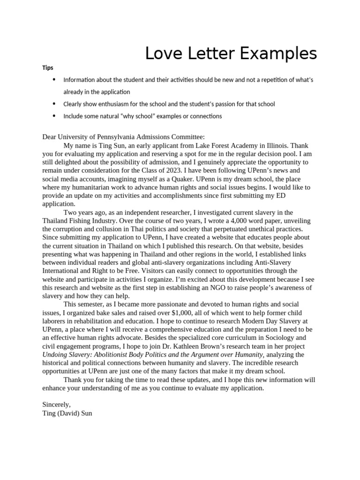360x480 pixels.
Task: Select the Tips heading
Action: (x=47, y=68)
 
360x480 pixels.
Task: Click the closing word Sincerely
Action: (x=56, y=404)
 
